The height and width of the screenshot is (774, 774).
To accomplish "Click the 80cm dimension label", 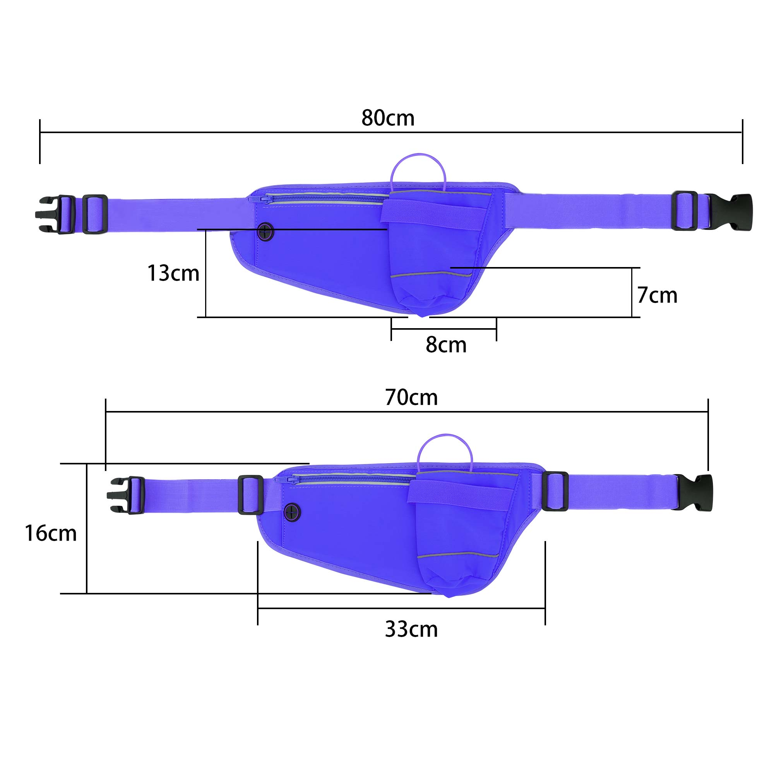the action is pos(388,118).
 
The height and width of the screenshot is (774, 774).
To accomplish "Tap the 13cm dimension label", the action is pos(173,274).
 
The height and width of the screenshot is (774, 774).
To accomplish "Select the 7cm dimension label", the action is pos(658,296).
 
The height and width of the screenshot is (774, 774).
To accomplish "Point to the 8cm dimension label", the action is pos(446,345).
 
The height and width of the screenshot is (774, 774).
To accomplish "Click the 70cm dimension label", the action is pos(411,397).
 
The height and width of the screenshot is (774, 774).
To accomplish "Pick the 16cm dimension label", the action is pos(50,534).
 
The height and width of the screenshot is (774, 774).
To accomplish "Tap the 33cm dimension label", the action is pos(411,629).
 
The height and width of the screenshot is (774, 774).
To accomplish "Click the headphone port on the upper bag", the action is pos(265,232).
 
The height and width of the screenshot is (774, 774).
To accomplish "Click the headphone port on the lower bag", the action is pos(293,512).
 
